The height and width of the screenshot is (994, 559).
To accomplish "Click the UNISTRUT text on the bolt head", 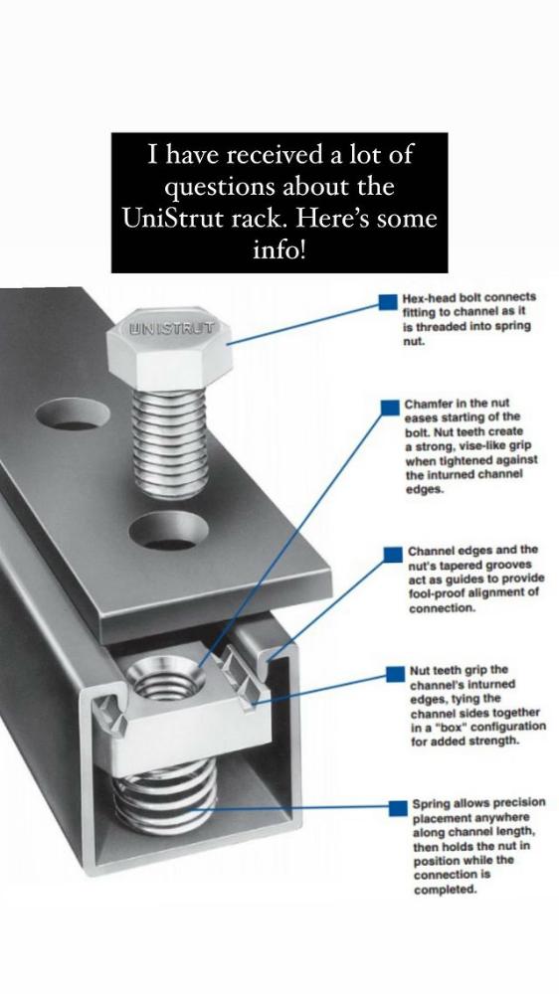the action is click(x=172, y=328).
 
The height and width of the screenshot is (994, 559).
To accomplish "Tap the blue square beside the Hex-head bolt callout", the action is click(x=388, y=301).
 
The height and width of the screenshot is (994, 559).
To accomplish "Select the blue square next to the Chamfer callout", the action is click(x=389, y=407).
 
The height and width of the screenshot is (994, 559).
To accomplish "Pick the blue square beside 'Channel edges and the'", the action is click(x=393, y=554).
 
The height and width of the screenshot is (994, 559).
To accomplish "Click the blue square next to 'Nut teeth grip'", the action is click(x=395, y=673).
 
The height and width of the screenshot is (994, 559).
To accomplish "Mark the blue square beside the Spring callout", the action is click(x=398, y=807).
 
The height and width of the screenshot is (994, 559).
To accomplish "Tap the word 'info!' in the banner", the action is click(x=279, y=250).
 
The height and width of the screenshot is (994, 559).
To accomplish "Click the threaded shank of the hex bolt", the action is click(x=170, y=442).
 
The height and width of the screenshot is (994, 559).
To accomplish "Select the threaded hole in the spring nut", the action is click(x=165, y=677).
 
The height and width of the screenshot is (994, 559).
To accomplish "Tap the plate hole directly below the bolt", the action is click(x=169, y=531).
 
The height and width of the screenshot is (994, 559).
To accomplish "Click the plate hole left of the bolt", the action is click(x=73, y=414).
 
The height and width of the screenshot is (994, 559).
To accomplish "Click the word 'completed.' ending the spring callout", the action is click(x=445, y=890).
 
